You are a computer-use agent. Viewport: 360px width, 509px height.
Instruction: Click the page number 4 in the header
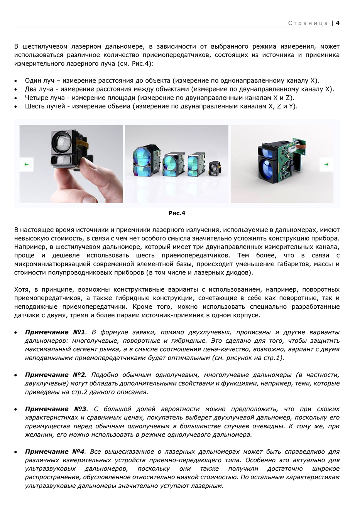click(338, 23)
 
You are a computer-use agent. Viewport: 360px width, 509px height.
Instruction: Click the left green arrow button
click(27, 164)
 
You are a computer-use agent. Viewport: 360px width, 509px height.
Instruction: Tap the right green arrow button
click(326, 164)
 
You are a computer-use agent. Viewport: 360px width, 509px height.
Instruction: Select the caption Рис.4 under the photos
click(177, 213)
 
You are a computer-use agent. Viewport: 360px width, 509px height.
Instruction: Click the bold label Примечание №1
click(55, 332)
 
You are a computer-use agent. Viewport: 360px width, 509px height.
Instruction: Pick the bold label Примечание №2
click(55, 375)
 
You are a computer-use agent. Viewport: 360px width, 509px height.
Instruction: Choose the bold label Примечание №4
click(55, 452)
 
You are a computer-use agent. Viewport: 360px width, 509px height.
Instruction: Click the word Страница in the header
click(308, 23)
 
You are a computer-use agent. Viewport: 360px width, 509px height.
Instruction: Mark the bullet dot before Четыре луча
click(15, 98)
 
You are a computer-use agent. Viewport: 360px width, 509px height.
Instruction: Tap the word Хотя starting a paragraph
click(22, 289)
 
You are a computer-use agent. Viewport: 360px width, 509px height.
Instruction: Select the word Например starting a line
click(29, 247)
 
